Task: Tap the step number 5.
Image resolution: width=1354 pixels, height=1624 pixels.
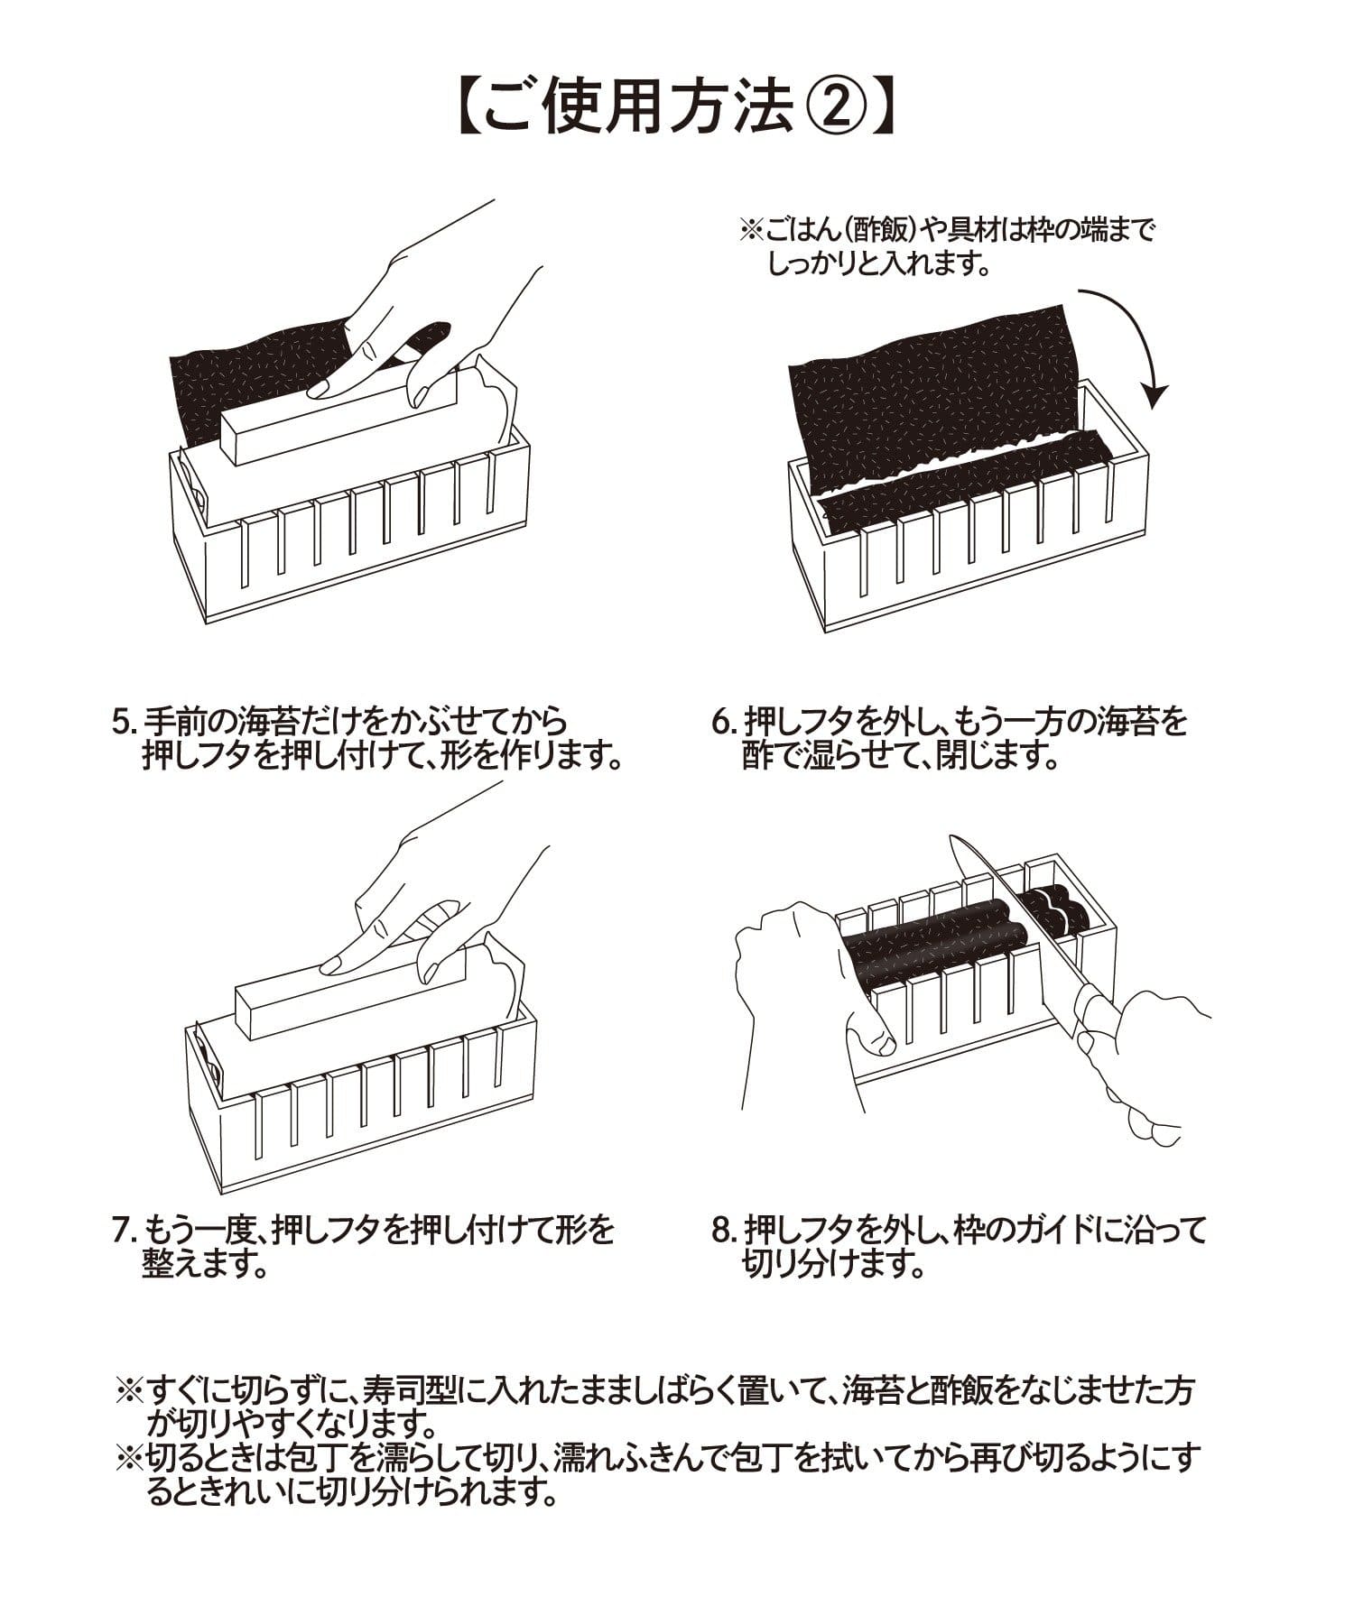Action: point(121,722)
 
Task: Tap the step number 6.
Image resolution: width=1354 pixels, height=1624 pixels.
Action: point(720,722)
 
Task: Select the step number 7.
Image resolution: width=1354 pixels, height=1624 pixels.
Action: point(121,1230)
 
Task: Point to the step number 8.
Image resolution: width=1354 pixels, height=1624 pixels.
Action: point(720,1230)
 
